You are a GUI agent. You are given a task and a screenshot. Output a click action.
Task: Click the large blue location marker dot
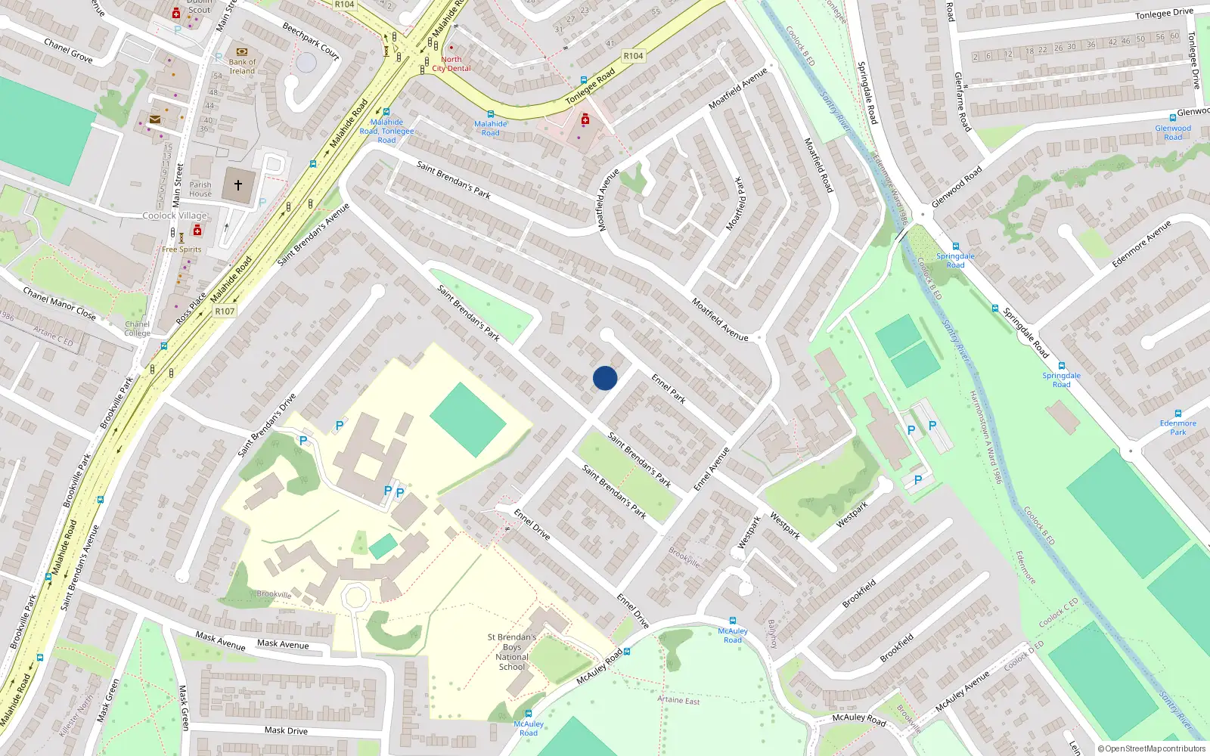click(x=605, y=378)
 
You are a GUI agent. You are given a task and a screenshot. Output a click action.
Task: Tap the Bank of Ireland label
click(x=242, y=67)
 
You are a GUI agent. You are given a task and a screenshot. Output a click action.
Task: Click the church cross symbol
click(x=238, y=184)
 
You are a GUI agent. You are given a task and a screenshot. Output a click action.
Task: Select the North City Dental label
click(x=451, y=64)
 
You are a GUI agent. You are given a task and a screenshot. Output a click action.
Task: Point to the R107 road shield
click(x=225, y=311)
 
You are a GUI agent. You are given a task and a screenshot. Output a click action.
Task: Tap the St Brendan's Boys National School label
click(x=512, y=652)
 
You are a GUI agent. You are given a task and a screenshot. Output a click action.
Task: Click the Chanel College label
click(x=137, y=329)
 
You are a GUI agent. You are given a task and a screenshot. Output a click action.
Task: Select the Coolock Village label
click(x=175, y=215)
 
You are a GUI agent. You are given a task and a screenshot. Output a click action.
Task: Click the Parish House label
click(x=200, y=189)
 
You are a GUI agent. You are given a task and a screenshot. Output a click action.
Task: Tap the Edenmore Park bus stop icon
click(x=1177, y=414)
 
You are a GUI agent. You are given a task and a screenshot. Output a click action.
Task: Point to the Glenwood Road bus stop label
click(x=1173, y=132)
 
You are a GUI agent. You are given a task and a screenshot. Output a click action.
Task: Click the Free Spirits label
click(x=181, y=249)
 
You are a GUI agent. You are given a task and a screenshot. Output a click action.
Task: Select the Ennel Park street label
click(x=669, y=389)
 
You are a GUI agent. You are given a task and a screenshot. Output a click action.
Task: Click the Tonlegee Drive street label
click(x=1164, y=14)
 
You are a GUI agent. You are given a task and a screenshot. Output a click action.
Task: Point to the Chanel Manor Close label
click(x=59, y=303)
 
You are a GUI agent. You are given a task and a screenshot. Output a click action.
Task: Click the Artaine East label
click(x=678, y=700)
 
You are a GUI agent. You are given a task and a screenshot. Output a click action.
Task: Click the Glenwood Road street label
click(x=957, y=187)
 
